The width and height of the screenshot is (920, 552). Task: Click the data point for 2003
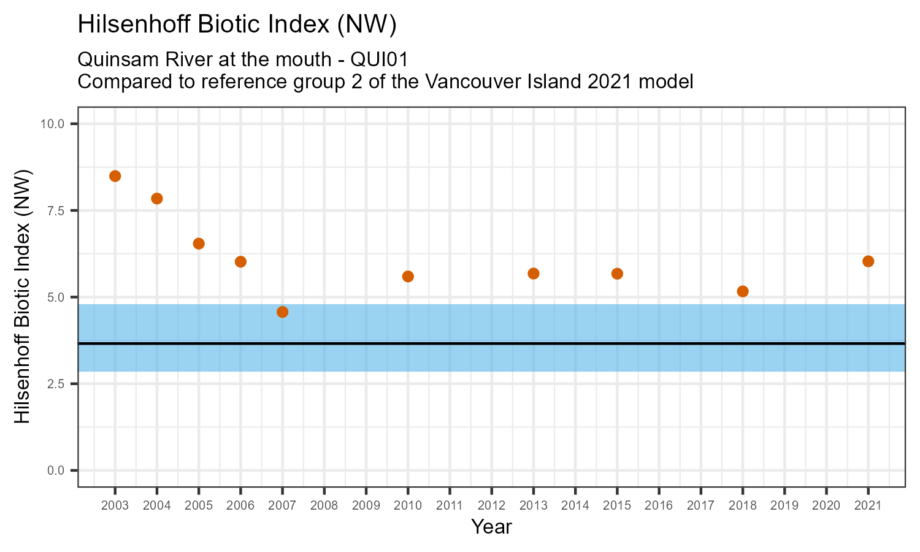(x=115, y=176)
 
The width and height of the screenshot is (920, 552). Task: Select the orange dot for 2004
(x=156, y=198)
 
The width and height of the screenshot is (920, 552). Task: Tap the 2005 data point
(x=199, y=243)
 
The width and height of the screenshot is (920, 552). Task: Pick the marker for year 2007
(x=282, y=312)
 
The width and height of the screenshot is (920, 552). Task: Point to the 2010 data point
(x=408, y=276)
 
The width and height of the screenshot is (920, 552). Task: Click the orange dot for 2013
(x=533, y=274)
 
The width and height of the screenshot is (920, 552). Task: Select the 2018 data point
(x=742, y=291)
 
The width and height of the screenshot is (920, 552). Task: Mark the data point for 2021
(x=868, y=261)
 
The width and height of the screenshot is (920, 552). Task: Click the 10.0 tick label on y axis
(x=52, y=124)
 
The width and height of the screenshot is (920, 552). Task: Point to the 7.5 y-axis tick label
(x=55, y=210)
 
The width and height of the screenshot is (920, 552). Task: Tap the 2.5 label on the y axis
(x=55, y=384)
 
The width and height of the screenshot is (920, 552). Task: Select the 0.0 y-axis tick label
(x=55, y=470)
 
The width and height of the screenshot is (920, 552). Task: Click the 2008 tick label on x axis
(x=324, y=505)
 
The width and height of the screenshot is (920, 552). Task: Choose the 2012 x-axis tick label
(x=491, y=505)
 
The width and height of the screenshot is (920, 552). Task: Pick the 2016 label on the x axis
(x=659, y=505)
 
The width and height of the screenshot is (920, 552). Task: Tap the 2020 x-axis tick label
(x=826, y=505)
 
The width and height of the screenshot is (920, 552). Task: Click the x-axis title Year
(x=491, y=527)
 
